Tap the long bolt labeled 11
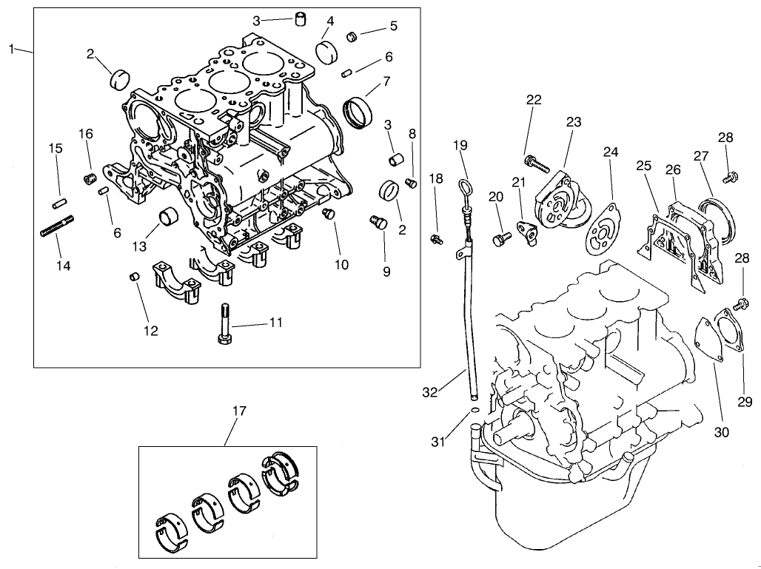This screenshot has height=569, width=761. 224,323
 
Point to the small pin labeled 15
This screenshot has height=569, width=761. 60,201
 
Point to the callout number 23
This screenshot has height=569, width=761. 574,122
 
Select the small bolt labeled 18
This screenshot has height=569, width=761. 436,238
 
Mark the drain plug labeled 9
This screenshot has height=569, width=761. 378,220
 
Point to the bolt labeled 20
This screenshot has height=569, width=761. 501,238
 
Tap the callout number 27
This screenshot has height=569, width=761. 700,156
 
